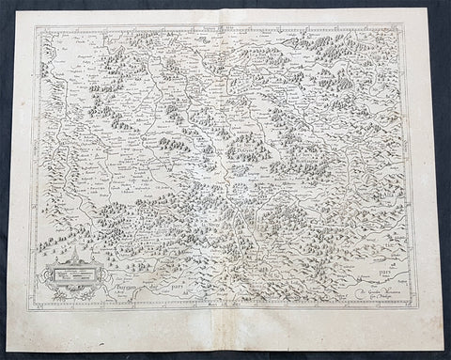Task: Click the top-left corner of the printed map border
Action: click(35, 25)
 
